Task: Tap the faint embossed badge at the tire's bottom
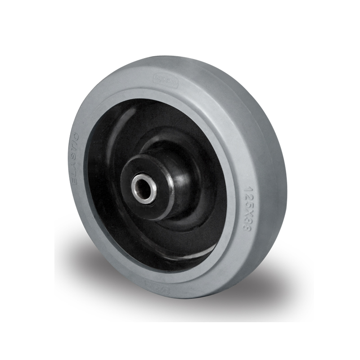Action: [153, 284]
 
